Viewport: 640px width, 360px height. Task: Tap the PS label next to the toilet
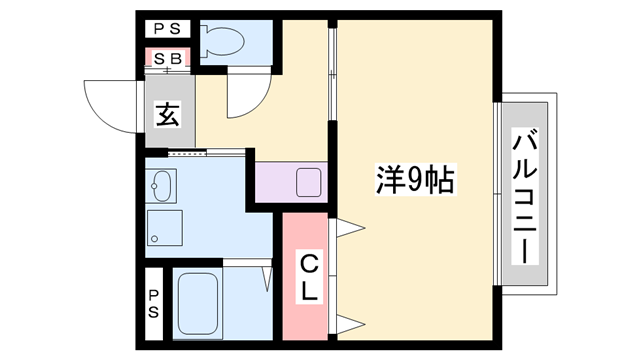[166, 28]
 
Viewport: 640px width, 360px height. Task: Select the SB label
[166, 58]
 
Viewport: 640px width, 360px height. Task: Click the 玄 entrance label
[167, 114]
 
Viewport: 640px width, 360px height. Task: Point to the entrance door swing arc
[110, 105]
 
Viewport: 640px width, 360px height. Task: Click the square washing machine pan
[165, 228]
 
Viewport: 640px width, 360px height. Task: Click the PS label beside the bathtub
[155, 303]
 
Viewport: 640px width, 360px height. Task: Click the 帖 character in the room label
[439, 181]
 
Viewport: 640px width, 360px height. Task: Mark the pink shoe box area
[166, 59]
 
